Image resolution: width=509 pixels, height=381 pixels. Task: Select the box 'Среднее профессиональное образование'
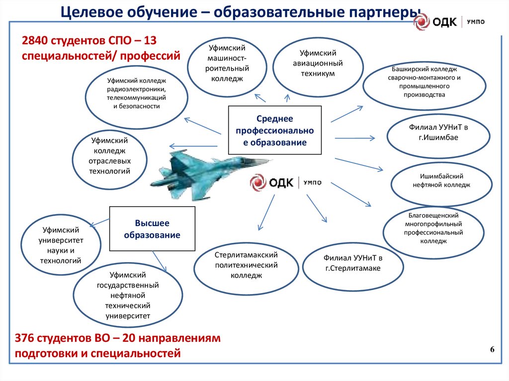(275, 131)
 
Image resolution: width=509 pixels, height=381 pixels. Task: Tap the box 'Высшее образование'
(152, 229)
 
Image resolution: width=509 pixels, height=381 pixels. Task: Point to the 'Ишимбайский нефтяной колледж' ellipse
(441, 180)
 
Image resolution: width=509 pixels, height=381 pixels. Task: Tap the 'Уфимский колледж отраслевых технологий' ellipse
(110, 156)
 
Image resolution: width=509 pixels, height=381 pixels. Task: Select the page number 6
(492, 350)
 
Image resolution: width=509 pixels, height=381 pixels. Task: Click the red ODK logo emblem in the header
(423, 22)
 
